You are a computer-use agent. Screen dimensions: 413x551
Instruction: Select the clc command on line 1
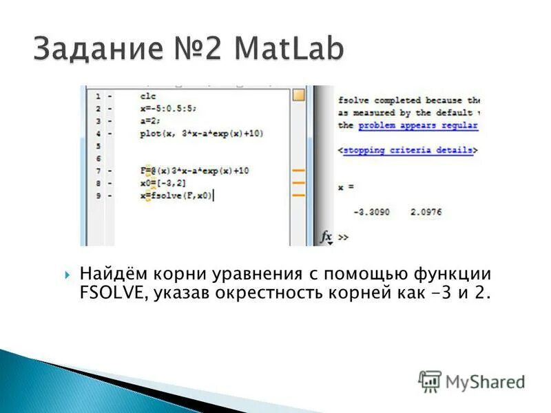click(148, 96)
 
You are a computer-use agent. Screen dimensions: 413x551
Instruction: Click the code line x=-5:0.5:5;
click(167, 109)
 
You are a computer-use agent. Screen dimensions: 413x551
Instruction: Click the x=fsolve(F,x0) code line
click(176, 195)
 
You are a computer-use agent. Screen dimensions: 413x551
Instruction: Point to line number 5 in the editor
click(98, 146)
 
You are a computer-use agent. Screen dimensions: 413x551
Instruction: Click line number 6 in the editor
click(98, 158)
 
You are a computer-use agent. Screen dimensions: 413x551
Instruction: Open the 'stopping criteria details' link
click(408, 149)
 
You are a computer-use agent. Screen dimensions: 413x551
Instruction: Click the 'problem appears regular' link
click(418, 126)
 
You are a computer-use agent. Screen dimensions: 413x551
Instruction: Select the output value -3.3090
click(371, 212)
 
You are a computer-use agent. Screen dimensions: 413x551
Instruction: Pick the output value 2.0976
click(425, 212)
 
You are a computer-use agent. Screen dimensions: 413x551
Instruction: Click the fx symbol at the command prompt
click(326, 236)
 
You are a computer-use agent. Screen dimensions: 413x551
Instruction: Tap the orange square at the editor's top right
click(298, 96)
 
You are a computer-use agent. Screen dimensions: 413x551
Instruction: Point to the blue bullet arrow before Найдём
click(67, 275)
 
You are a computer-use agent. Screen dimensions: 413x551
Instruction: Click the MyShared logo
click(472, 381)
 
